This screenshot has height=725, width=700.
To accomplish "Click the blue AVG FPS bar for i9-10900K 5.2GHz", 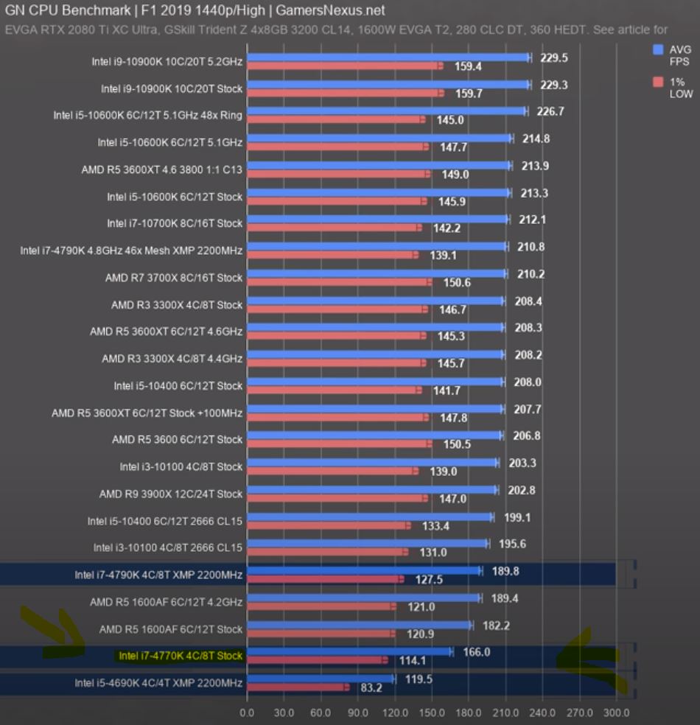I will (388, 57).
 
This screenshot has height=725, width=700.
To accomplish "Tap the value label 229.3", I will (553, 85).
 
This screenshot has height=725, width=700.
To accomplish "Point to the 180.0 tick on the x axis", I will (469, 713).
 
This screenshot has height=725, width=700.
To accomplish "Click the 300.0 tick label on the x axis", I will (617, 713).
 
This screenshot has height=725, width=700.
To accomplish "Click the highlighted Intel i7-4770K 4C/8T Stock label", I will (181, 655).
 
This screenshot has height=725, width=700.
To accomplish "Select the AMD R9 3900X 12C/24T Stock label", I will (171, 494).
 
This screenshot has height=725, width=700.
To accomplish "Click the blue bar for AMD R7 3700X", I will (376, 273).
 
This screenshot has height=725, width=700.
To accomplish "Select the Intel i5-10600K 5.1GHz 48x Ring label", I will (147, 115).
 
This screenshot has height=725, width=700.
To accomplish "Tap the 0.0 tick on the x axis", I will (248, 713).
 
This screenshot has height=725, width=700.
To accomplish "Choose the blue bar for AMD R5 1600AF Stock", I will (360, 625).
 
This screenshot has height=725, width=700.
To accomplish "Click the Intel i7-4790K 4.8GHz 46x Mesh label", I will (131, 251).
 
